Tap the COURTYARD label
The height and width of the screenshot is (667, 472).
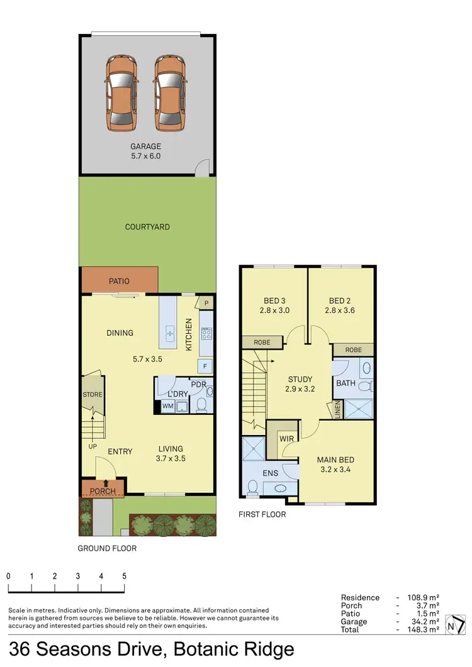[x=147, y=227]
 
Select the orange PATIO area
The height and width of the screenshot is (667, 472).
[x=120, y=280]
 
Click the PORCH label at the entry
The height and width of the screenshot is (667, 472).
[x=103, y=491]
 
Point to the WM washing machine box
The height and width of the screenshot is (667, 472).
[x=167, y=406]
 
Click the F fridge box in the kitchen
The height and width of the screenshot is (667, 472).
[x=206, y=366]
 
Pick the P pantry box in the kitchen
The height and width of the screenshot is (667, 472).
[x=206, y=303]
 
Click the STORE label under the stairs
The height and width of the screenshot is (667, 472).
[x=93, y=395]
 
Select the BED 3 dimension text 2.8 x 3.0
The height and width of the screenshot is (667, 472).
[x=274, y=310]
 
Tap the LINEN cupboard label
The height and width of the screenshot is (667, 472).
[x=338, y=411]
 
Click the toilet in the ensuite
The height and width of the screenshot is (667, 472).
[x=252, y=487]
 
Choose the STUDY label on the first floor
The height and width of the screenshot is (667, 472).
[x=300, y=379]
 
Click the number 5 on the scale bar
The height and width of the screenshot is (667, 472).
[x=125, y=576]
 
